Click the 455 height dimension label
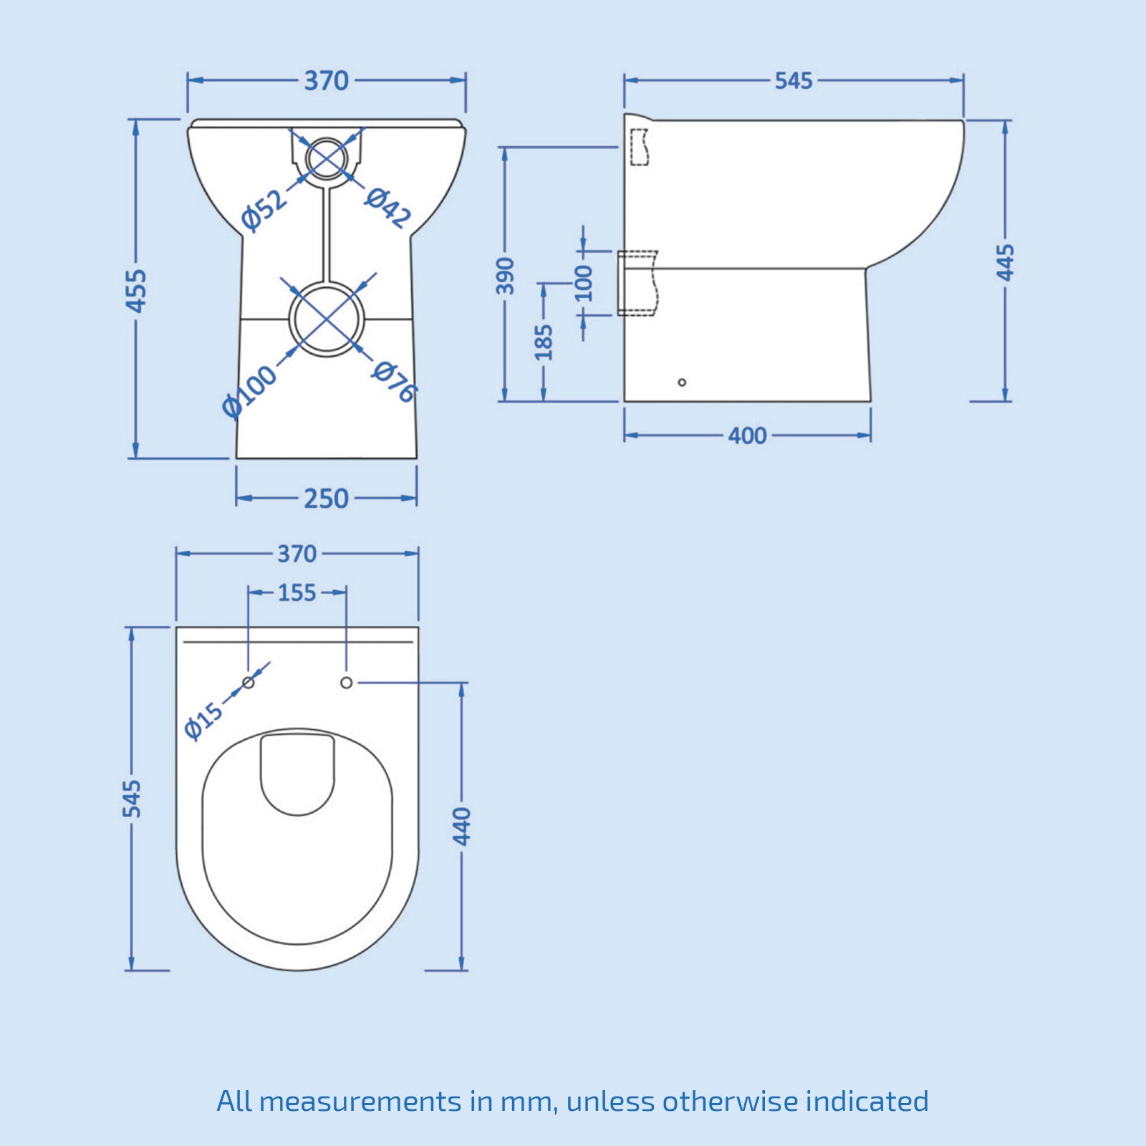coord(136,290)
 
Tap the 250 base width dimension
coord(326,499)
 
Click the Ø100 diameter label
coord(249,391)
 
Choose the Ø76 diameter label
coord(394,381)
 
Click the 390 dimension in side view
coord(506,276)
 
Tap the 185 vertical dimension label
coord(544,342)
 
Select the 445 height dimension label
coord(1006,263)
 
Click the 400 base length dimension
coord(747,435)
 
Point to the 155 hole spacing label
coord(297,593)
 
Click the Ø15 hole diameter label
coord(203,721)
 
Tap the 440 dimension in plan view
coord(463,826)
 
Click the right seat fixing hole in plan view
coord(346,683)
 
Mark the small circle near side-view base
coord(682,382)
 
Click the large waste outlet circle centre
coord(327,319)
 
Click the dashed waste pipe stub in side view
coord(637,283)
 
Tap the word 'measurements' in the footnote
coord(360,1101)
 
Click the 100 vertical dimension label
coord(584,283)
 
